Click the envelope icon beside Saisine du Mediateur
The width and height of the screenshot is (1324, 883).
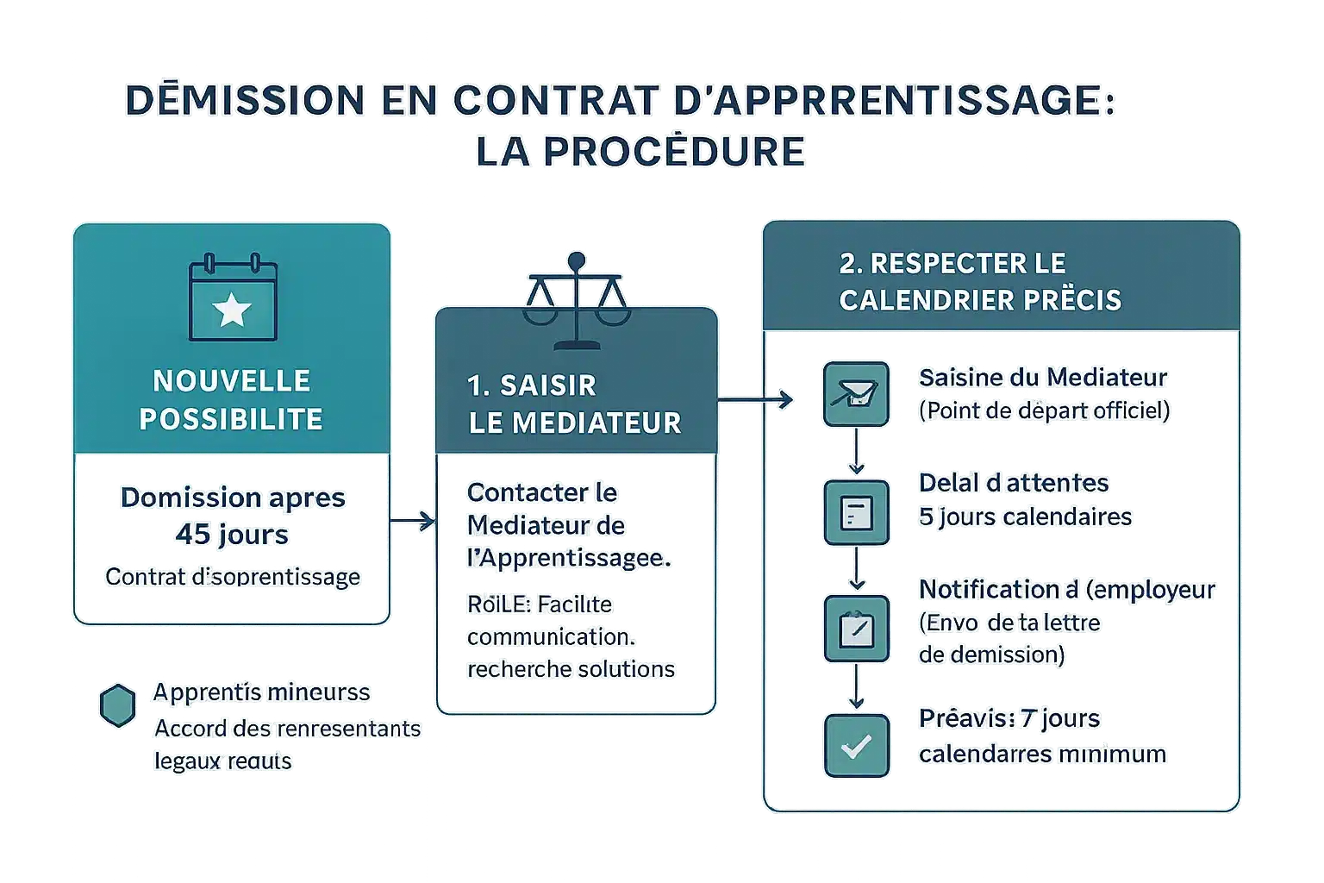[855, 394]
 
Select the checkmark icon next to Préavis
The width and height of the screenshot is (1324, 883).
[855, 746]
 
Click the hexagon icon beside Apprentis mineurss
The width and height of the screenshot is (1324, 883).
[117, 707]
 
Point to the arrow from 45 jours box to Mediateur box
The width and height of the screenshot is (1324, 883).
[412, 521]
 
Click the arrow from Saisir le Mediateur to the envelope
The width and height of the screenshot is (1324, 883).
[755, 399]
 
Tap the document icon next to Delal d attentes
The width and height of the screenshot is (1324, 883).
[855, 512]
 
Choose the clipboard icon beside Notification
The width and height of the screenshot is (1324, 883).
[855, 629]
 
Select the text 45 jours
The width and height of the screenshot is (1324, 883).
[232, 535]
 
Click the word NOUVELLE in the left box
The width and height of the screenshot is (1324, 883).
[231, 380]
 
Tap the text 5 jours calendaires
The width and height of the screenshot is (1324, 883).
[1025, 517]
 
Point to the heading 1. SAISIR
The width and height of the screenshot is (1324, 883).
[532, 385]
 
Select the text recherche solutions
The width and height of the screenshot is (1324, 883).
[571, 669]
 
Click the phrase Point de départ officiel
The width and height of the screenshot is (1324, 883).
[1045, 410]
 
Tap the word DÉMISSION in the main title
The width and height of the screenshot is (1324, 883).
[245, 100]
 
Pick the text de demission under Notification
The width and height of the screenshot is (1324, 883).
[991, 654]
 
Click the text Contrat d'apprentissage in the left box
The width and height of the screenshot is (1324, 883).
[233, 577]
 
